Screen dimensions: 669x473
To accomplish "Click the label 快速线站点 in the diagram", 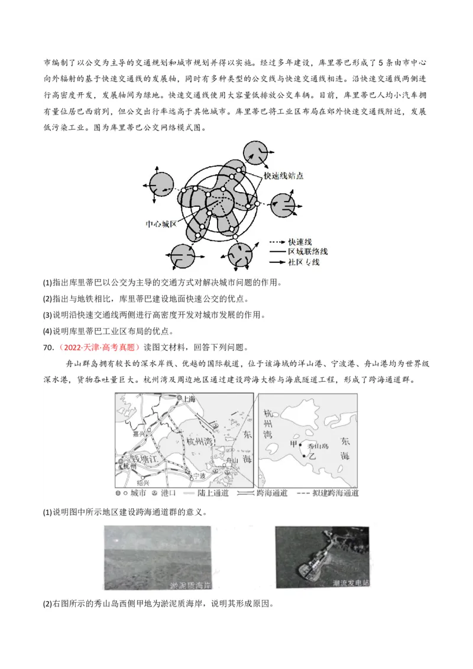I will click(284, 176).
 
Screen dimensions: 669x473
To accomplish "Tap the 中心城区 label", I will click(161, 225).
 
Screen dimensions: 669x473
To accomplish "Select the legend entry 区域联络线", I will click(307, 252).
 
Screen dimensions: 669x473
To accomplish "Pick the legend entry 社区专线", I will click(303, 261).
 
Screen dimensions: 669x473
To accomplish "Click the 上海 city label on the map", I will click(189, 399).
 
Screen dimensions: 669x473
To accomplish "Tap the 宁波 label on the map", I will click(203, 475).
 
